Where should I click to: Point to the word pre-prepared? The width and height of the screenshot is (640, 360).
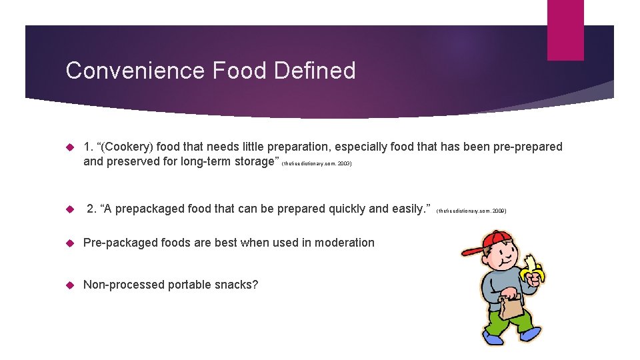[x=527, y=147]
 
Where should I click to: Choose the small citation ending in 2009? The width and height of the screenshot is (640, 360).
[x=471, y=211]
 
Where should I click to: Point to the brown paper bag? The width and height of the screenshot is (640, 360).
[x=511, y=306]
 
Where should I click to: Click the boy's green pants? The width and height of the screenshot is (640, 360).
[x=511, y=323]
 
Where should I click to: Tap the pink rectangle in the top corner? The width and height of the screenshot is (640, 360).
[x=565, y=30]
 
